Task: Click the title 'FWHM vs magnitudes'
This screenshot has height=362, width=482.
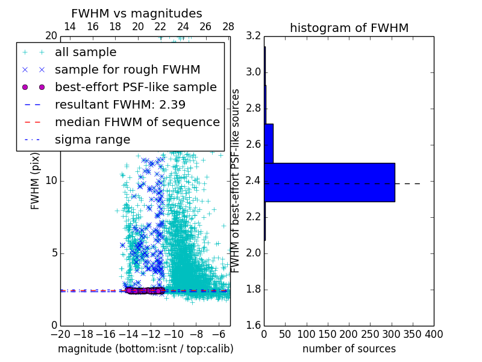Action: (x=137, y=14)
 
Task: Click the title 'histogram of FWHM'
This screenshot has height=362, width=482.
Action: (x=349, y=28)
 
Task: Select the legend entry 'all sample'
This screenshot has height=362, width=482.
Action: (x=86, y=52)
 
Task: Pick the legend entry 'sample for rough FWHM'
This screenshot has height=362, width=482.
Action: (x=127, y=70)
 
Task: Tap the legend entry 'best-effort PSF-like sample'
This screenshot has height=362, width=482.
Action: (x=136, y=87)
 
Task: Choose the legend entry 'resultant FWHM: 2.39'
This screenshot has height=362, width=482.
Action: (x=120, y=104)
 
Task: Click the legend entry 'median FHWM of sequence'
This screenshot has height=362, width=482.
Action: (x=137, y=122)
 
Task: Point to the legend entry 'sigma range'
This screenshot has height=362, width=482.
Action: (x=92, y=139)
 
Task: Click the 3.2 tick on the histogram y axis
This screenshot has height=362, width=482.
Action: (x=254, y=36)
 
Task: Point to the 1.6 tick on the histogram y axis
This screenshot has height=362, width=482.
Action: (x=254, y=326)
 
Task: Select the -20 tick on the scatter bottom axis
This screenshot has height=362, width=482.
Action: (x=60, y=334)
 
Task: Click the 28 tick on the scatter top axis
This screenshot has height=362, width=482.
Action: (x=228, y=27)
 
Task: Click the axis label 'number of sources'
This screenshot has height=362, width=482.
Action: (x=349, y=349)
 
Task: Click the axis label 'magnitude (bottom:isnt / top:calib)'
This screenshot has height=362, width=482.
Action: (x=145, y=349)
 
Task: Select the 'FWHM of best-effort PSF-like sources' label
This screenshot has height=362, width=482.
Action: (x=236, y=180)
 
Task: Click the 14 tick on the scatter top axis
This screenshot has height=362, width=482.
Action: (x=70, y=27)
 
